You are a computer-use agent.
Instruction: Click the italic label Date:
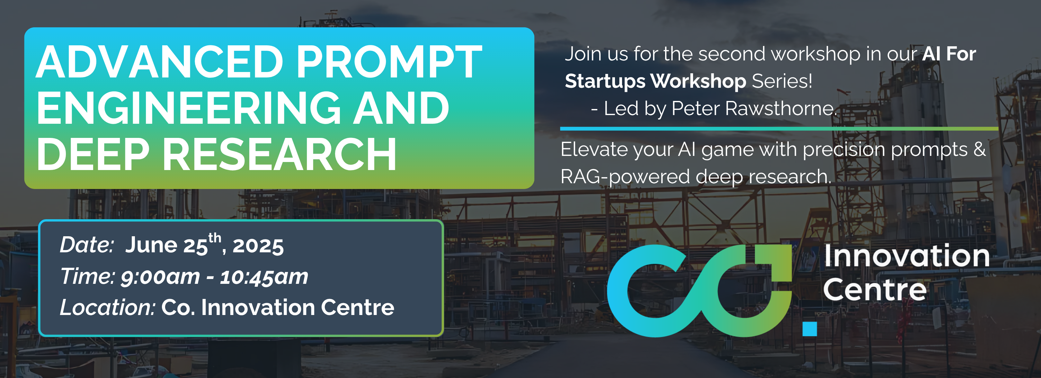87,245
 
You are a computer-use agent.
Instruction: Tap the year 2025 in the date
258,246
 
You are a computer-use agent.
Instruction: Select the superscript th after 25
215,238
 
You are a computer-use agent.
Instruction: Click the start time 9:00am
160,277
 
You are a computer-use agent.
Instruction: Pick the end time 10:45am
264,277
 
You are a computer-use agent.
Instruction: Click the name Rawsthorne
780,108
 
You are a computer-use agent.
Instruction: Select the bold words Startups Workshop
655,82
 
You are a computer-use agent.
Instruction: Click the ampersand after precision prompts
980,149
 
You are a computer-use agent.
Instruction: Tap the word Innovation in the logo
907,256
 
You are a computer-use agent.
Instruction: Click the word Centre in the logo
875,290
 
